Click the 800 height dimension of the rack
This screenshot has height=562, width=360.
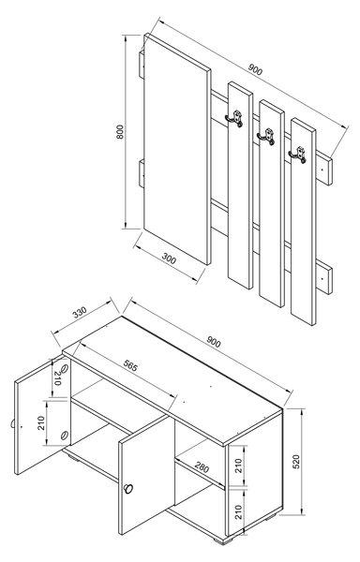click(119, 133)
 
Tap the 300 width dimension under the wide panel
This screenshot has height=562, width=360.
click(171, 259)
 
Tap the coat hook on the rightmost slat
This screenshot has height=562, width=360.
click(301, 154)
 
